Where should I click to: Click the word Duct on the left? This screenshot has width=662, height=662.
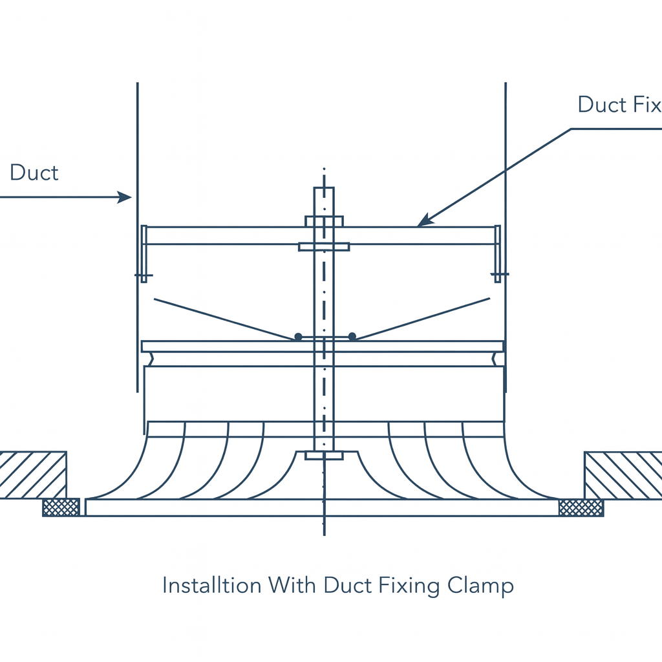(34, 173)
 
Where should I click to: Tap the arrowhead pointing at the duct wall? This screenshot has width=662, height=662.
(125, 197)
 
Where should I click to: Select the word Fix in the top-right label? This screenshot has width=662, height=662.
(643, 105)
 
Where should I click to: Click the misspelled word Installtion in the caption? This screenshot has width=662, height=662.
(211, 585)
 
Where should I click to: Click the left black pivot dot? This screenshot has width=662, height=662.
(297, 337)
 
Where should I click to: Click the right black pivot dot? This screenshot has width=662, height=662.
(352, 336)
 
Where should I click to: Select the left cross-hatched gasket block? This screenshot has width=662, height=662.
(61, 507)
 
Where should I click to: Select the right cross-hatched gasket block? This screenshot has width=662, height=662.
(581, 507)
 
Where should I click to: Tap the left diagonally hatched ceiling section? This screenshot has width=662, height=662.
(32, 475)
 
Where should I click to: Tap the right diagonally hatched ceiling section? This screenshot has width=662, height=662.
(623, 475)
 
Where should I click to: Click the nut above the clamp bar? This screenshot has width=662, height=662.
(324, 221)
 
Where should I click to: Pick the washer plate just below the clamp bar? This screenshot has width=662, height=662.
(324, 246)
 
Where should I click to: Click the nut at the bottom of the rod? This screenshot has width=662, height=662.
(324, 455)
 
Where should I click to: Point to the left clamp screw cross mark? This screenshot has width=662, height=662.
(144, 275)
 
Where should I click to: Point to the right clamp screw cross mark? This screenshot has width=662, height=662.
(498, 275)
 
